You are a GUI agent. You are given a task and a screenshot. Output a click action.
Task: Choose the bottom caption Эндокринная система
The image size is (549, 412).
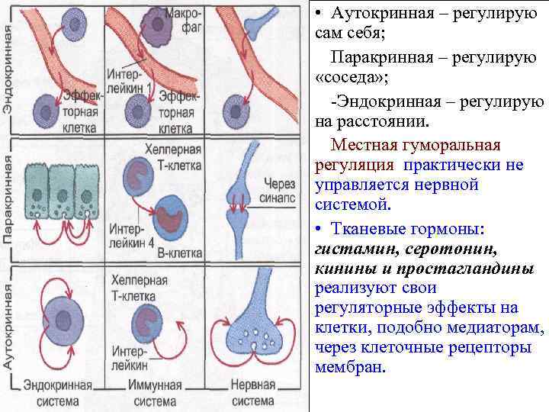[x=57, y=394]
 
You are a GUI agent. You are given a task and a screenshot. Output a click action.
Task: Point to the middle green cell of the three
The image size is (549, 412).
[x=63, y=197]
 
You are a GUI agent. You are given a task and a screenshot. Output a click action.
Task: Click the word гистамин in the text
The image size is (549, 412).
[x=347, y=249]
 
